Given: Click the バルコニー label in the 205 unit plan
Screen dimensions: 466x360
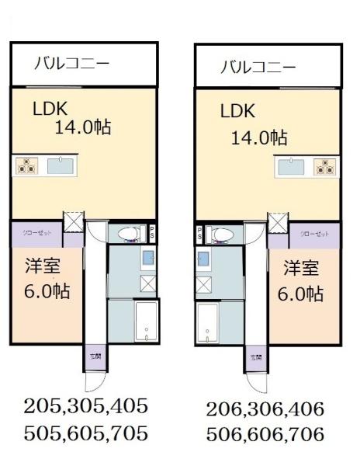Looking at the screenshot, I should coord(71,63).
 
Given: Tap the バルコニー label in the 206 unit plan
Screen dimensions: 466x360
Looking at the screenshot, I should coord(258,67).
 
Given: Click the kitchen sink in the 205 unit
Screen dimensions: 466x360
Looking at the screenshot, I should coord(59,165).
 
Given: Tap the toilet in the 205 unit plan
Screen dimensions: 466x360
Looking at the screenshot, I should coord(126,233).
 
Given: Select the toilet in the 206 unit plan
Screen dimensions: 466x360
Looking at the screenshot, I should coord(223,234).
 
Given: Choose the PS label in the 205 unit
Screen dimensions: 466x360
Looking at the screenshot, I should coord(152,232).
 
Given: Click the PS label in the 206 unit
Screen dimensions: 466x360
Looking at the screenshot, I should coord(199,233).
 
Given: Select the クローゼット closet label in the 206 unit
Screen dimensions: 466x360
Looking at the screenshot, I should coord(315,234).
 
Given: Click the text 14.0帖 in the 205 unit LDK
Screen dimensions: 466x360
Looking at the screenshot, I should coord(82,126).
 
